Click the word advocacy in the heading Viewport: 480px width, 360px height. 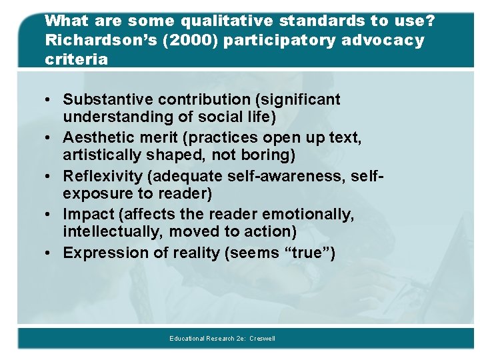point(383,40)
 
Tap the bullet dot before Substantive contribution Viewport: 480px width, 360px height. point(50,101)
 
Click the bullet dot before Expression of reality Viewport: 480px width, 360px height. point(50,253)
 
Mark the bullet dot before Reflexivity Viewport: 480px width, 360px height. point(50,177)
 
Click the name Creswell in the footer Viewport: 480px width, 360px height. point(262,339)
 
